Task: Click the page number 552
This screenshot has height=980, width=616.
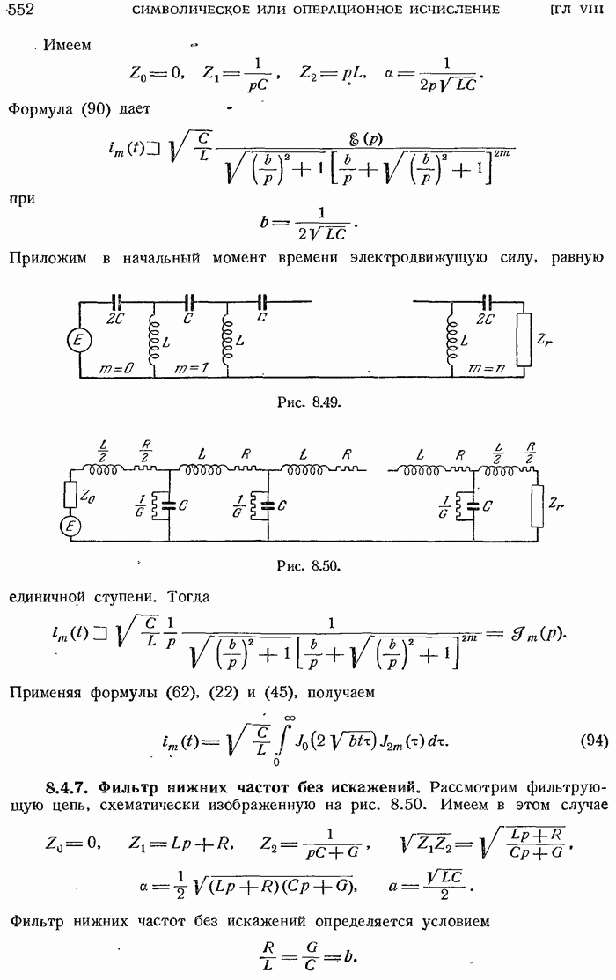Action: (19, 10)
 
